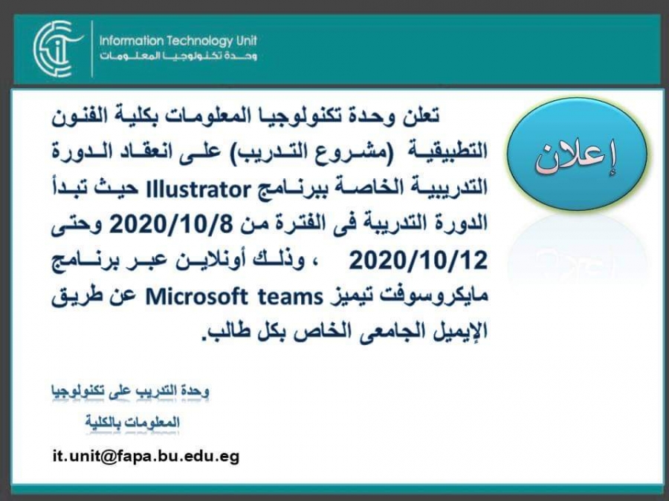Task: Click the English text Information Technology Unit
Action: [178, 41]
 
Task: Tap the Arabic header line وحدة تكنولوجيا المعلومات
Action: [178, 56]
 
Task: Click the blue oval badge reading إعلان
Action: [578, 154]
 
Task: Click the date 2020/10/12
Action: [418, 261]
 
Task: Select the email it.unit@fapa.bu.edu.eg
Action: [146, 456]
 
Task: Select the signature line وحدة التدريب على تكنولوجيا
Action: [130, 391]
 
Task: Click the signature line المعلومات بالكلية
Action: [132, 422]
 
